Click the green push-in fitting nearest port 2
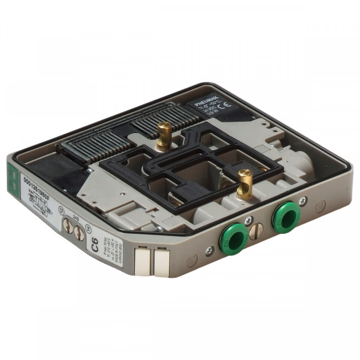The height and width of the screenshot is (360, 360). [x=286, y=217]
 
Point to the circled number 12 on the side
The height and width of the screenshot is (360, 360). [x=61, y=212]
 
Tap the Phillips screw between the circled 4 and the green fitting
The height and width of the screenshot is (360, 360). [x=209, y=250]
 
